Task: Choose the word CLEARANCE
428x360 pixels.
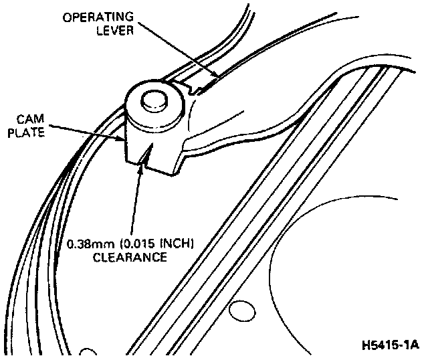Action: pos(133,256)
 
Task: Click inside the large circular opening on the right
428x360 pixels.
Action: pos(354,268)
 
